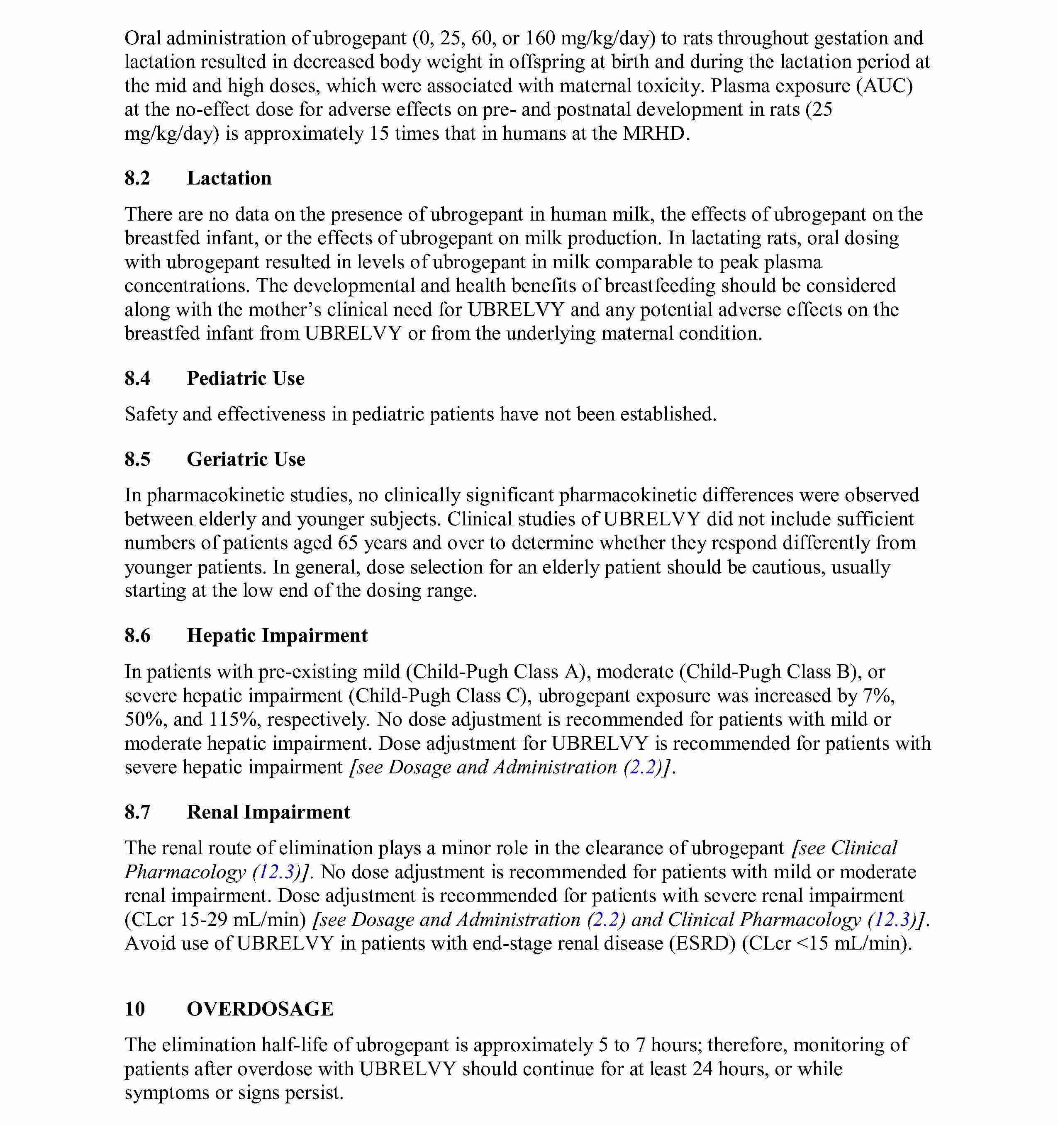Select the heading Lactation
coord(229,178)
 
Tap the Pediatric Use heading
coord(246,378)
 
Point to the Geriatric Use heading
coord(246,459)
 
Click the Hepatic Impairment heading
coord(278,636)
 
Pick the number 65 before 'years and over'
coord(348,543)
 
